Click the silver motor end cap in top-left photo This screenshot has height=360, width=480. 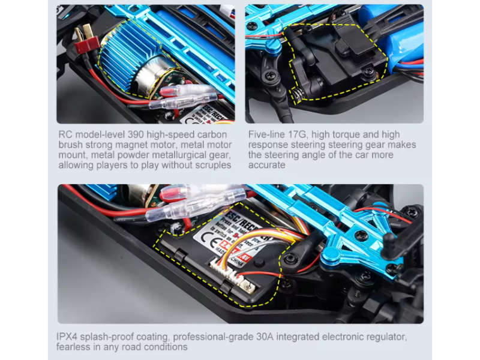(150, 75)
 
